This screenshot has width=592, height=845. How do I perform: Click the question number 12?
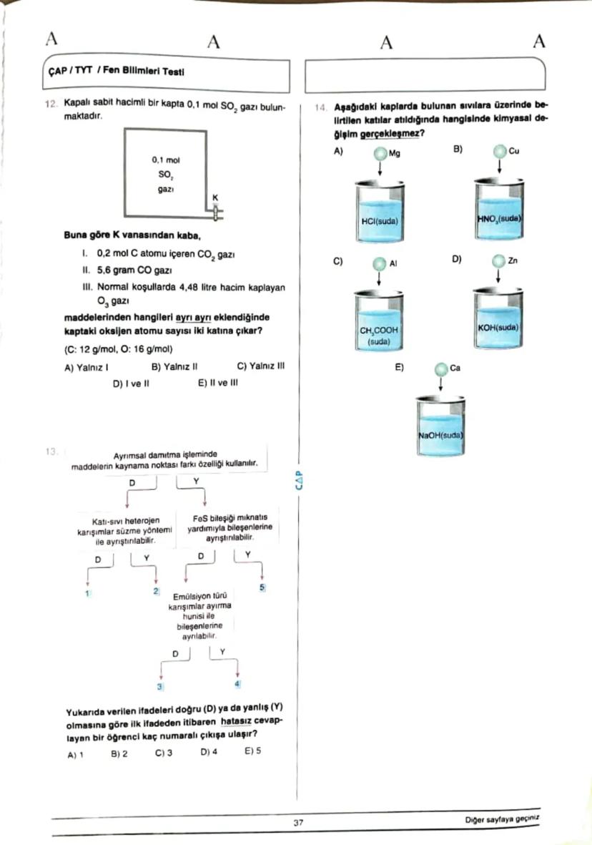(50, 104)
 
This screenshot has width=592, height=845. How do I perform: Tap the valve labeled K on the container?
(215, 210)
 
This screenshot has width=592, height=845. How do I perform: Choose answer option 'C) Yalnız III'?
(260, 366)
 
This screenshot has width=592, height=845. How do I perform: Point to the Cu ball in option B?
(499, 152)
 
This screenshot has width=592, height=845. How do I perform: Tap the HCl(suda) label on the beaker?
(380, 222)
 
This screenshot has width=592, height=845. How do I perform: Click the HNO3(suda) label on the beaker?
(499, 217)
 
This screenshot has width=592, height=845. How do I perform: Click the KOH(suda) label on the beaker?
(499, 327)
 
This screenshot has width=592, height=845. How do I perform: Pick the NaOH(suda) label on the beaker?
(441, 434)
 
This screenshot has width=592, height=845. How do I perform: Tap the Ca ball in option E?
(441, 368)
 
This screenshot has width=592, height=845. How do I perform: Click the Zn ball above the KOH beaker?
(499, 261)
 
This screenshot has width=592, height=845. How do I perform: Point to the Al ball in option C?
(380, 264)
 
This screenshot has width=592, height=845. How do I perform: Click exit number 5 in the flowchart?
(262, 587)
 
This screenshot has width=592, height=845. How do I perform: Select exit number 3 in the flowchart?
(161, 687)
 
